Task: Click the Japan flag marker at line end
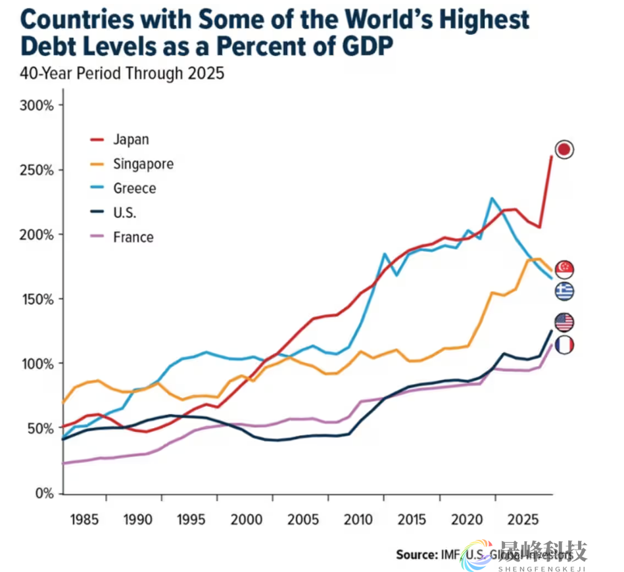(x=564, y=150)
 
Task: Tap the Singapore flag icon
(x=564, y=268)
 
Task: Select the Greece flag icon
(x=564, y=291)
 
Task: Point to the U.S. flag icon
(x=564, y=322)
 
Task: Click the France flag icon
(x=564, y=345)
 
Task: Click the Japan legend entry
(x=131, y=139)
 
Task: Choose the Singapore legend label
(x=143, y=164)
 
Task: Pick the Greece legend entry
(x=134, y=189)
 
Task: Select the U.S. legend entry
(x=124, y=213)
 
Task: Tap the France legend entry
(x=133, y=237)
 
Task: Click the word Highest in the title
(x=479, y=20)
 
